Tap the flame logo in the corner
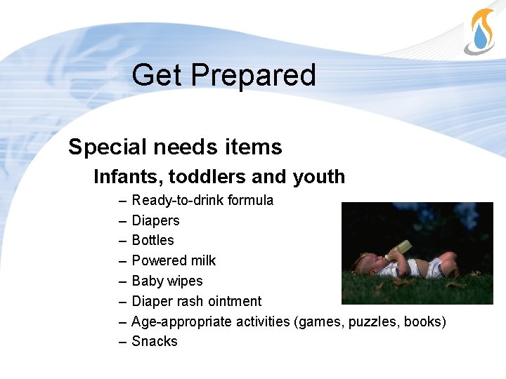481,32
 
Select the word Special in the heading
105,147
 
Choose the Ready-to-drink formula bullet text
202,201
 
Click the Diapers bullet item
155,221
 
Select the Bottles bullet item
153,241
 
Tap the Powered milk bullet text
174,261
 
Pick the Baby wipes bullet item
167,281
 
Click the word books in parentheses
424,322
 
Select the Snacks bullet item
155,342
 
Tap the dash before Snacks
123,342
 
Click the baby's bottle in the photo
398,249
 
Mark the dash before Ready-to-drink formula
123,201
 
